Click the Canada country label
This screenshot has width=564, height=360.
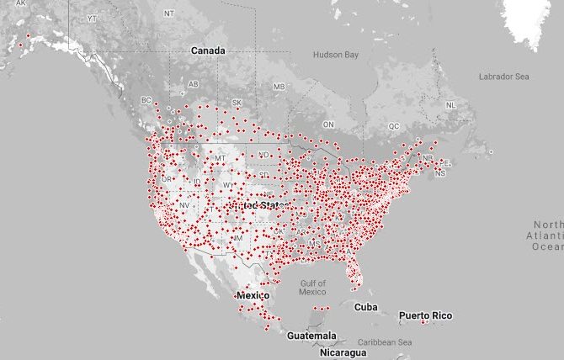pos(207,50)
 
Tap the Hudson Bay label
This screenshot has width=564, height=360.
pos(336,55)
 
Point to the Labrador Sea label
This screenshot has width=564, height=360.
pos(503,77)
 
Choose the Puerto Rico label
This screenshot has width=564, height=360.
pos(425,315)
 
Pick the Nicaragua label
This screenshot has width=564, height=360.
pos(343,352)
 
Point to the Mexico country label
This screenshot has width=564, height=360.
pos(253,297)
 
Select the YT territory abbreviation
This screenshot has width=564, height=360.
pos(93,18)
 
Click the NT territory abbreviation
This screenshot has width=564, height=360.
pos(170,13)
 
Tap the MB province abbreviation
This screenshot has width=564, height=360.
pos(279,87)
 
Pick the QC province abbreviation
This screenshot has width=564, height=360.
pos(394,126)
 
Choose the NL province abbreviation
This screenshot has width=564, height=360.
pos(450,105)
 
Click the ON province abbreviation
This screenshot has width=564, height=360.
pos(329,124)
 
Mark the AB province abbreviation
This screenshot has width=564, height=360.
pos(193,84)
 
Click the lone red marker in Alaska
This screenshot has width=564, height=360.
pos(29,35)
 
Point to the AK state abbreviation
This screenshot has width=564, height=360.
pos(21,3)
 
